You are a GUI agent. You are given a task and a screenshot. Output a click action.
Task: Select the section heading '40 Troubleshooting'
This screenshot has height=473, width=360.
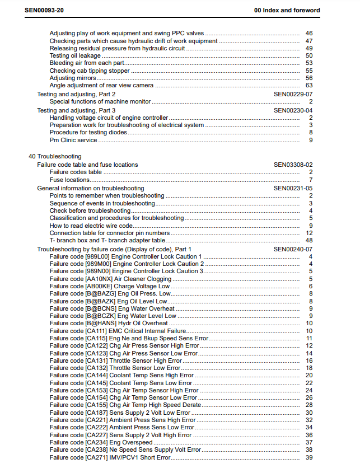click(55, 156)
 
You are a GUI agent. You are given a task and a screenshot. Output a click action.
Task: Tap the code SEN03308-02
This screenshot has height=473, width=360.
click(293, 165)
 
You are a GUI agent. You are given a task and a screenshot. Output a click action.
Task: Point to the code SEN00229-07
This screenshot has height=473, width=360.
click(293, 95)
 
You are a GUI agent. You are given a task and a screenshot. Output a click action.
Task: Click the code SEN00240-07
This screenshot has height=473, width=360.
click(293, 249)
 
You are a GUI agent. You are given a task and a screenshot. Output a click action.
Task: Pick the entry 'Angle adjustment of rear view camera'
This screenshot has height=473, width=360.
click(101, 86)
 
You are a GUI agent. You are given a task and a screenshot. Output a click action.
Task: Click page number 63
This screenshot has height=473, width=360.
click(309, 86)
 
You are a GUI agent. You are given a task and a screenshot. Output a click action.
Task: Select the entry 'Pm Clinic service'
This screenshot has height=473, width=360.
click(73, 140)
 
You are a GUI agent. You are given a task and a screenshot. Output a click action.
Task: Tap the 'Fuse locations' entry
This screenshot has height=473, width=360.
click(69, 180)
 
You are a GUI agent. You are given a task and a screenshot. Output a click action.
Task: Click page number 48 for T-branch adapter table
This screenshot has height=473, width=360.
click(309, 240)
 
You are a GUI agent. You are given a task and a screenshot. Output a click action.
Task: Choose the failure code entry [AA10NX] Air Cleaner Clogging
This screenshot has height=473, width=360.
click(110, 279)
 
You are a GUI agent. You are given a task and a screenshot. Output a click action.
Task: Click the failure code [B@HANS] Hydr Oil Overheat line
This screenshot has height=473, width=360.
click(108, 323)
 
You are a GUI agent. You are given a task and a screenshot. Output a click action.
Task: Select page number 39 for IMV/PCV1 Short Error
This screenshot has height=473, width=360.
click(309, 458)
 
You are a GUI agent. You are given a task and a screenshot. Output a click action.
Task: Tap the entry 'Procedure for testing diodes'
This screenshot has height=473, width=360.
click(88, 133)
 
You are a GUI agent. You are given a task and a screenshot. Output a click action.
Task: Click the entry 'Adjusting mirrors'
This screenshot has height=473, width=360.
click(73, 78)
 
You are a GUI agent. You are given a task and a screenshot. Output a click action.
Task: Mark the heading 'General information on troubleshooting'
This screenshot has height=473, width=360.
click(90, 189)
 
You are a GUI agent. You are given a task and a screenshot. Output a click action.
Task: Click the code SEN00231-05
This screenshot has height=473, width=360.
click(293, 189)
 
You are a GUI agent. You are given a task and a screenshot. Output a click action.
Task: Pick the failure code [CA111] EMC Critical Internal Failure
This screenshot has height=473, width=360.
click(118, 331)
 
